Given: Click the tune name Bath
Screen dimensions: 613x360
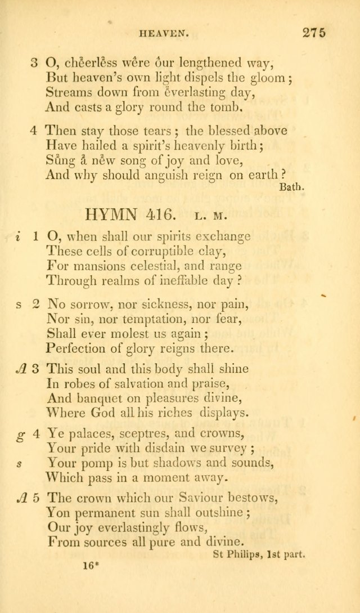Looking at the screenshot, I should [x=291, y=189].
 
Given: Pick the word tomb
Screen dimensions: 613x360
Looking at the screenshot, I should [x=215, y=106].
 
